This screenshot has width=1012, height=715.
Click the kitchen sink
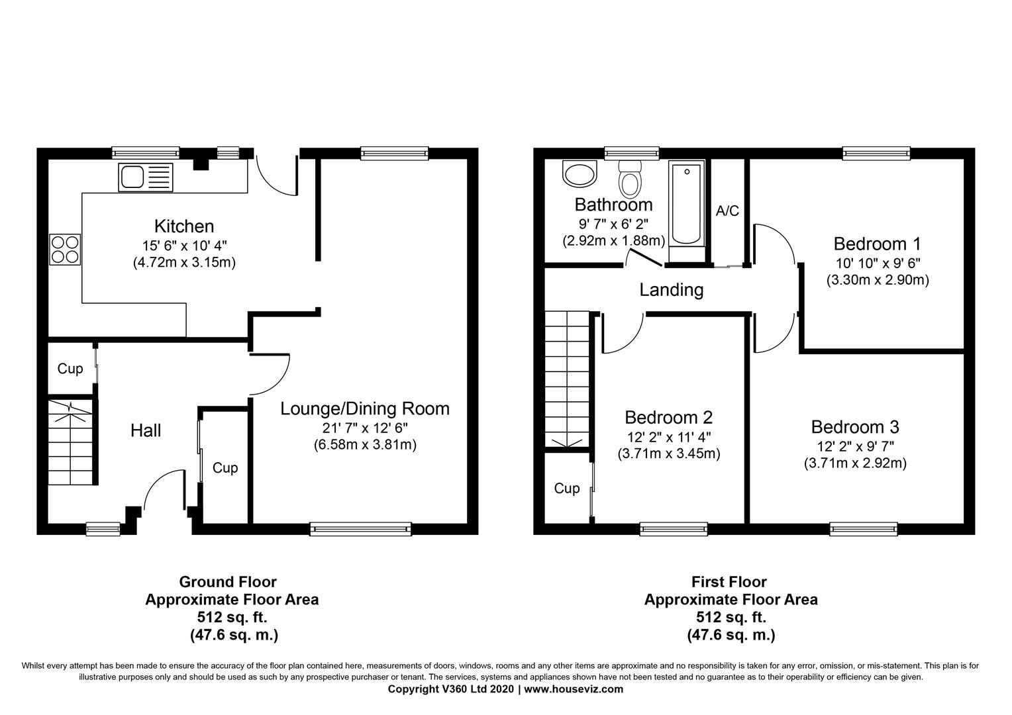pyautogui.click(x=146, y=177)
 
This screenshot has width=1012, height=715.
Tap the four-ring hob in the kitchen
pyautogui.click(x=65, y=250)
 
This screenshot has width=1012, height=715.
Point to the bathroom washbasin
pyautogui.click(x=580, y=174)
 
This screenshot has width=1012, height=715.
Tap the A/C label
pyautogui.click(x=727, y=211)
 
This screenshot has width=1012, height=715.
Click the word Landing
pyautogui.click(x=672, y=289)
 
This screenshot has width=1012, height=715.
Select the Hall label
pyautogui.click(x=146, y=430)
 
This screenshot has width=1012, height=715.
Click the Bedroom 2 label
pyautogui.click(x=669, y=417)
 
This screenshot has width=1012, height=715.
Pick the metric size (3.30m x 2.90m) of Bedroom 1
pyautogui.click(x=878, y=280)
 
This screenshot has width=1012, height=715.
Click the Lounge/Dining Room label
pyautogui.click(x=365, y=408)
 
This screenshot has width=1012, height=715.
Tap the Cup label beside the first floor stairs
pyautogui.click(x=566, y=489)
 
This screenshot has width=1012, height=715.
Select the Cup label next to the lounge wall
pyautogui.click(x=225, y=468)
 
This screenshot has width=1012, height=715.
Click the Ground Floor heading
pyautogui.click(x=228, y=582)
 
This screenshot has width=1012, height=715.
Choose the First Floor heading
pyautogui.click(x=729, y=582)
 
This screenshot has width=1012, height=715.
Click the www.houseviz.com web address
pyautogui.click(x=574, y=689)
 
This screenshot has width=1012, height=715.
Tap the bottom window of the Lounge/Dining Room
pyautogui.click(x=360, y=529)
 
